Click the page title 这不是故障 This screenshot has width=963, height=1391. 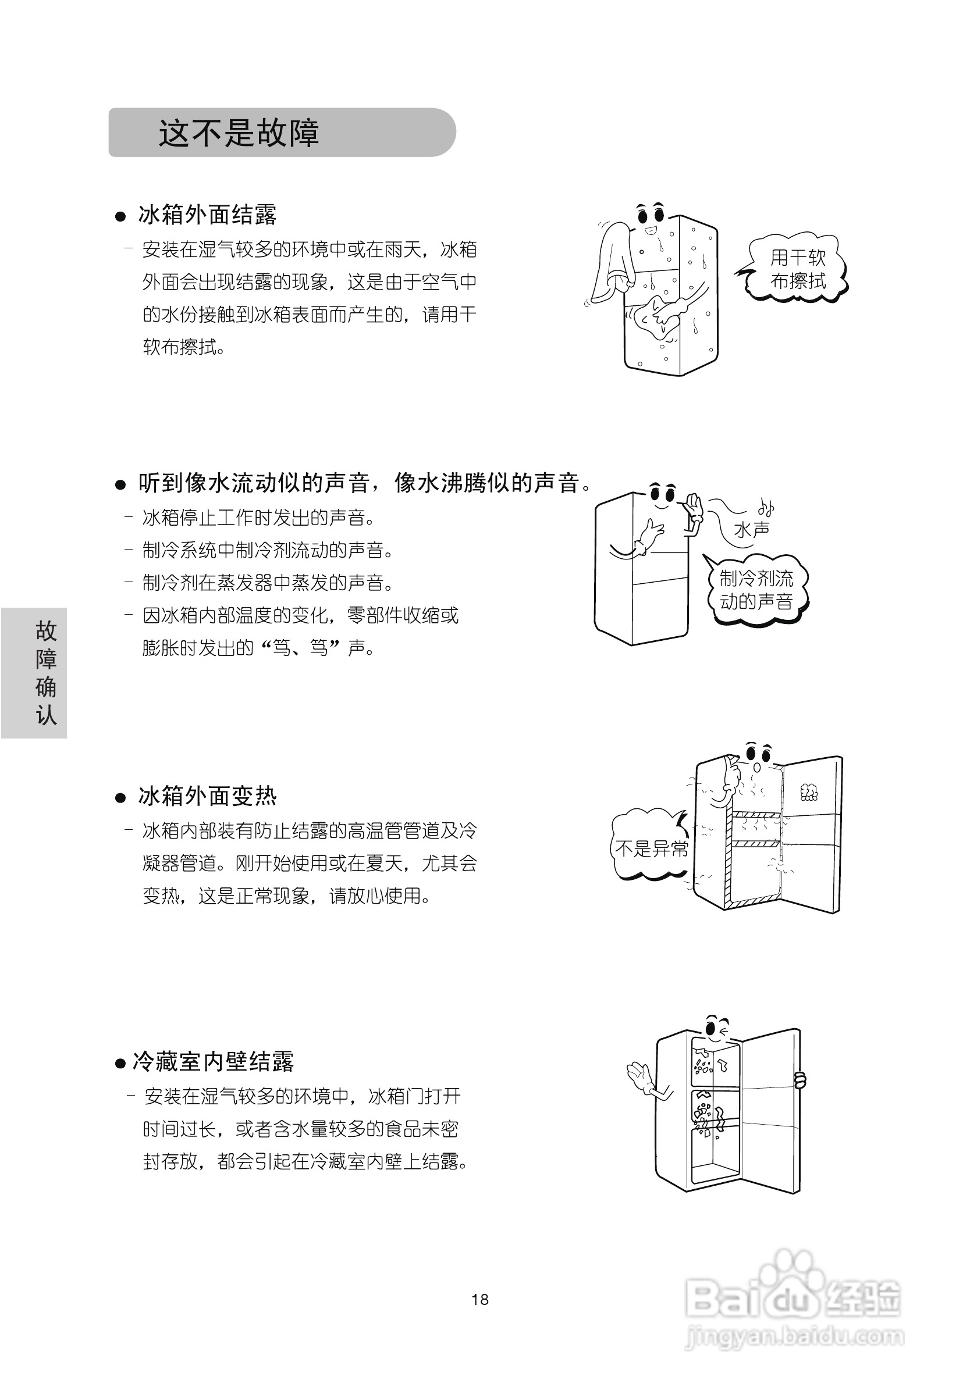click(239, 133)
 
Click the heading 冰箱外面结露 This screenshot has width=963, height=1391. click(207, 215)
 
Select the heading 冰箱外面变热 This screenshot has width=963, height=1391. click(207, 797)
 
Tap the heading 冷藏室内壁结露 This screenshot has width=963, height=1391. click(213, 1062)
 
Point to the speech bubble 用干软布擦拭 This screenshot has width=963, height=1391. click(797, 269)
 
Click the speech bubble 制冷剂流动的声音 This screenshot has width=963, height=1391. click(756, 590)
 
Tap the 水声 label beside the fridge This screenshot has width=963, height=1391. click(751, 529)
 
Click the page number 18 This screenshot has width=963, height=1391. click(479, 1299)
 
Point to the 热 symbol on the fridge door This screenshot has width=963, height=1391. click(809, 791)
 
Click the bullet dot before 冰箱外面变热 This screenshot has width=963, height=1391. click(120, 798)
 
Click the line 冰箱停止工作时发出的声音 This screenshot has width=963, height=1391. click(259, 518)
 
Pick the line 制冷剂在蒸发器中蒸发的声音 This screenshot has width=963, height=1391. click(268, 583)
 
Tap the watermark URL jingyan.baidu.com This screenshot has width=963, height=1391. click(795, 1337)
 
